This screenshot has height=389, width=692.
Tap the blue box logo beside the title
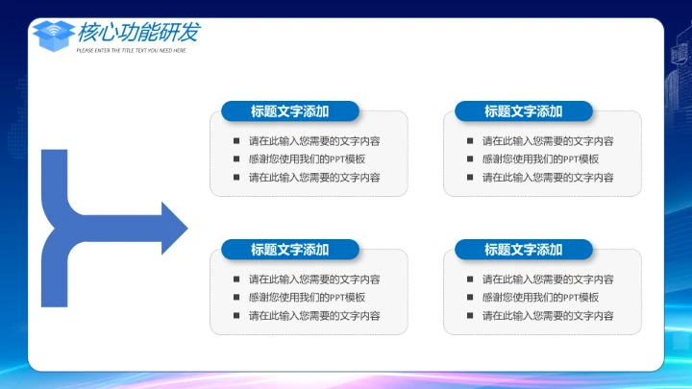coord(54,36)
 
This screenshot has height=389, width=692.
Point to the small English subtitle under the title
coord(131,50)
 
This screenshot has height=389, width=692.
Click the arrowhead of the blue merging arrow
coord(174,228)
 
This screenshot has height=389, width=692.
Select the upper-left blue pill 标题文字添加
coord(289,111)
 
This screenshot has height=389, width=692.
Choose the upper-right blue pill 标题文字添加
coord(523,111)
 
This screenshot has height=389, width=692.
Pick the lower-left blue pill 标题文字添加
coord(289,250)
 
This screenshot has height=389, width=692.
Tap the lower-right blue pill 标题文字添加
coord(523,250)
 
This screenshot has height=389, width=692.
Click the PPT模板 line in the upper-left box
coord(307,159)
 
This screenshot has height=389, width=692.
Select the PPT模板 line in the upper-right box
coord(540,159)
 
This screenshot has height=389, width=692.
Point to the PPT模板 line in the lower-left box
coord(307,298)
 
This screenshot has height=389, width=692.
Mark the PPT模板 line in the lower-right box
coord(540,298)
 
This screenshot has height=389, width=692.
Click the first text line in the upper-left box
coord(314,141)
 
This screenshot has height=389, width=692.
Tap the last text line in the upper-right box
coord(548,178)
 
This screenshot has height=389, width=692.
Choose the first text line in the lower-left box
coord(314,280)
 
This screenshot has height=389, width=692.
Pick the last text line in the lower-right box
coord(548,316)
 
